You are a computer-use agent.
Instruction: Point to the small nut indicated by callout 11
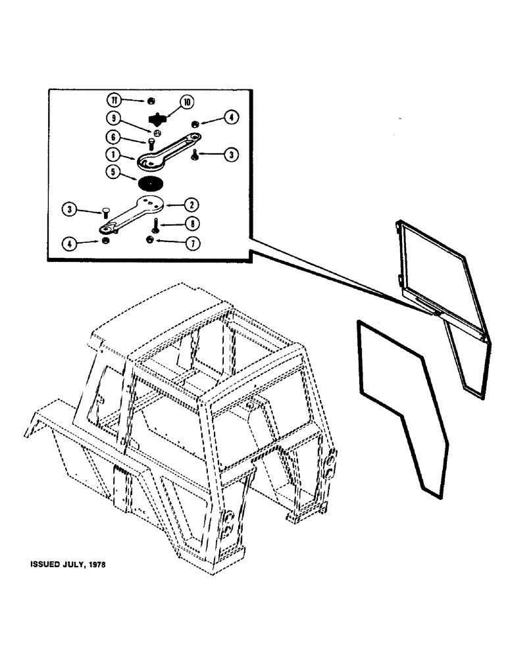pos(150,100)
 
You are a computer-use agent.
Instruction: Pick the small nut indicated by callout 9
pos(153,132)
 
